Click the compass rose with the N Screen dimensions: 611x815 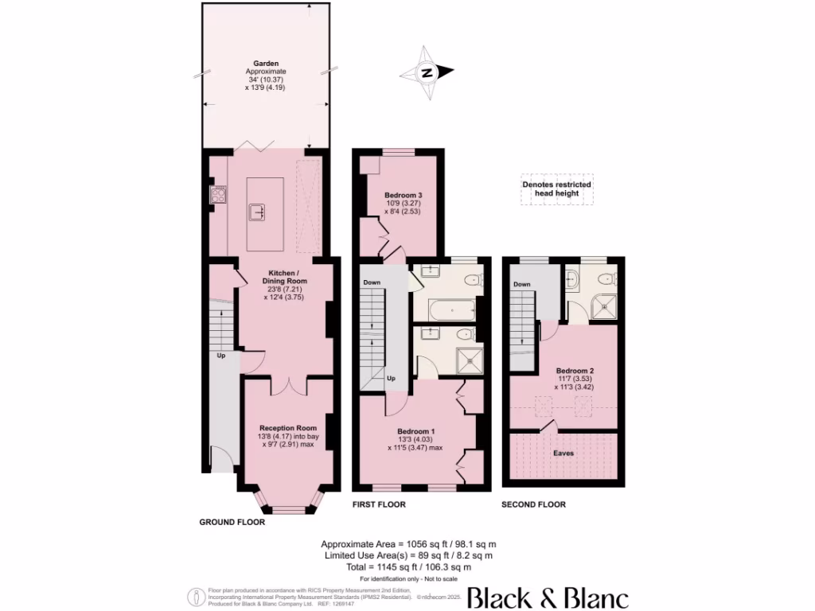click(x=427, y=73)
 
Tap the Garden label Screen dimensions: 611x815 click(x=265, y=63)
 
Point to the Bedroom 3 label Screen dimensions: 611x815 click(x=403, y=195)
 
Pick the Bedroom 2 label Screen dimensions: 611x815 click(x=575, y=371)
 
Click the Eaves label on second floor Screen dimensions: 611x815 click(x=563, y=453)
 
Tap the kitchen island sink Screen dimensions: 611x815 click(x=258, y=212)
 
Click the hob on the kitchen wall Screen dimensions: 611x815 click(x=217, y=195)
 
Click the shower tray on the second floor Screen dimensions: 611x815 click(x=606, y=304)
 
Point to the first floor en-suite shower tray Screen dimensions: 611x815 click(x=470, y=358)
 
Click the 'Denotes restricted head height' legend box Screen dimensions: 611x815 click(x=556, y=189)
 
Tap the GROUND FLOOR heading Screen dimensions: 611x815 click(x=232, y=523)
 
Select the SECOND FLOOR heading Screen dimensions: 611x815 click(x=533, y=504)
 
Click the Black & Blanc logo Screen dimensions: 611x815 click(x=547, y=597)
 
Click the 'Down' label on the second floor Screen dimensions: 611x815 click(x=521, y=285)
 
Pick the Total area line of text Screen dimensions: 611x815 click(x=407, y=566)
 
